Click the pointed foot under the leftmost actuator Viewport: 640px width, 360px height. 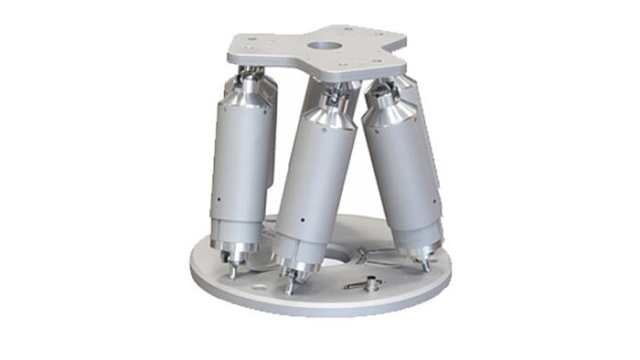pos(231,270)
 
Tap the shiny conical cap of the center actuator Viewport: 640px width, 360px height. pos(325,113)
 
